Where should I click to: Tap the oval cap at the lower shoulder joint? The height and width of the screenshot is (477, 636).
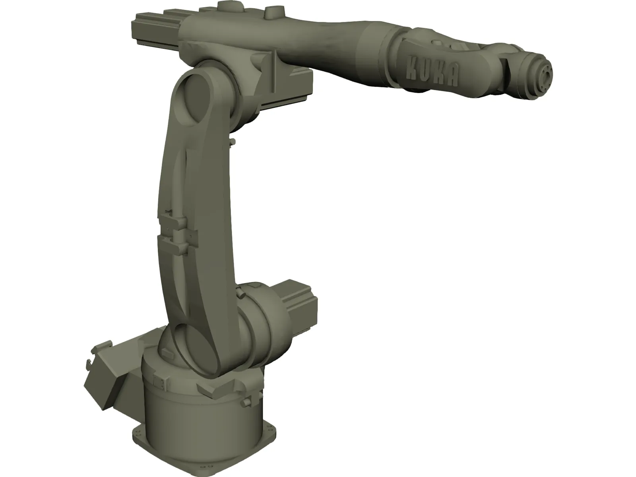pos(198,337)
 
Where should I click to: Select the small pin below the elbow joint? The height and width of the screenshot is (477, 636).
pos(231,142)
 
